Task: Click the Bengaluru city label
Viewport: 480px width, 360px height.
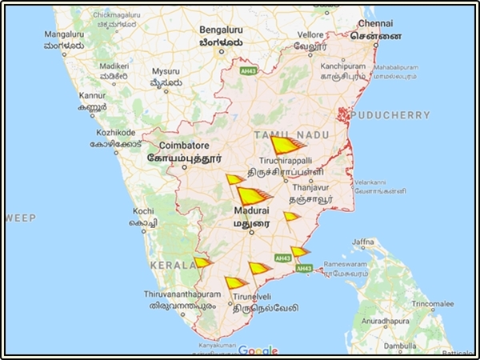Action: click(x=221, y=30)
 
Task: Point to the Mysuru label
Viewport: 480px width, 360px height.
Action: click(x=165, y=71)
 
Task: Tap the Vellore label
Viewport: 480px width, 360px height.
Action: click(x=311, y=35)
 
